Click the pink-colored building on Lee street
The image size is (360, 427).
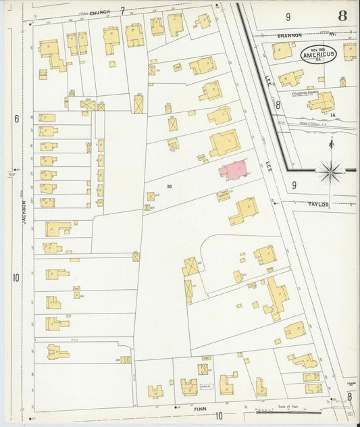click(x=232, y=170)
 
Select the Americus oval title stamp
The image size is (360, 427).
click(x=319, y=53)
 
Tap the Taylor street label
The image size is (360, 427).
click(x=318, y=204)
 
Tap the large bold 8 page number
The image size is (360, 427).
click(x=342, y=16)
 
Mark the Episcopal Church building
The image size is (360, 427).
click(x=321, y=103)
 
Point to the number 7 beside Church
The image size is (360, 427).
click(x=122, y=9)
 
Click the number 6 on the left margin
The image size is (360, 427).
click(x=16, y=118)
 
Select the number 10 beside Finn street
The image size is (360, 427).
click(x=219, y=416)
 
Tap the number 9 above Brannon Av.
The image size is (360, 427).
click(x=287, y=16)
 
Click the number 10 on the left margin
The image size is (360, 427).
click(x=16, y=278)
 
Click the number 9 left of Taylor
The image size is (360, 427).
click(x=294, y=184)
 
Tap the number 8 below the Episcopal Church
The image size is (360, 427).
click(x=277, y=105)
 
